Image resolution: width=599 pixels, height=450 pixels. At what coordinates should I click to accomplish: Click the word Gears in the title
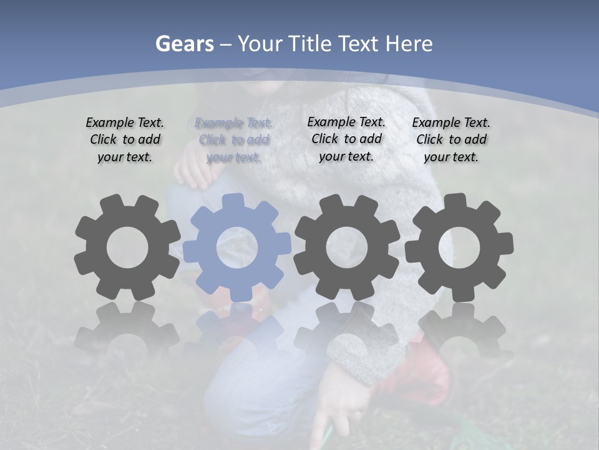point(184,44)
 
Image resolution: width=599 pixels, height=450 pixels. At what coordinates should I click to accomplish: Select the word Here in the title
point(409,44)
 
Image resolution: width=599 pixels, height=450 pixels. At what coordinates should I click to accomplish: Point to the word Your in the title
point(261,44)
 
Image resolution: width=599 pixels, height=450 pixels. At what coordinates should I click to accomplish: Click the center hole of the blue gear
point(237,247)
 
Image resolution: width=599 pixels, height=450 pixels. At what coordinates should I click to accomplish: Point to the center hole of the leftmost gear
point(127,247)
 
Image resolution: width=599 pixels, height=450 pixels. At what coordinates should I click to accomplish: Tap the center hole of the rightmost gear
point(459,247)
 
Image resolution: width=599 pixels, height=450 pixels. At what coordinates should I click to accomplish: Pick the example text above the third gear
point(346,139)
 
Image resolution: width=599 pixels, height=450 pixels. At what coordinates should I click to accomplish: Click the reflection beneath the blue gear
point(237,328)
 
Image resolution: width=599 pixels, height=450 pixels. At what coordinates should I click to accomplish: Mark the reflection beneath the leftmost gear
point(127,328)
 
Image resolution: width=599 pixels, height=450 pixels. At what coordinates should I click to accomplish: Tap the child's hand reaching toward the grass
point(331,416)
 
